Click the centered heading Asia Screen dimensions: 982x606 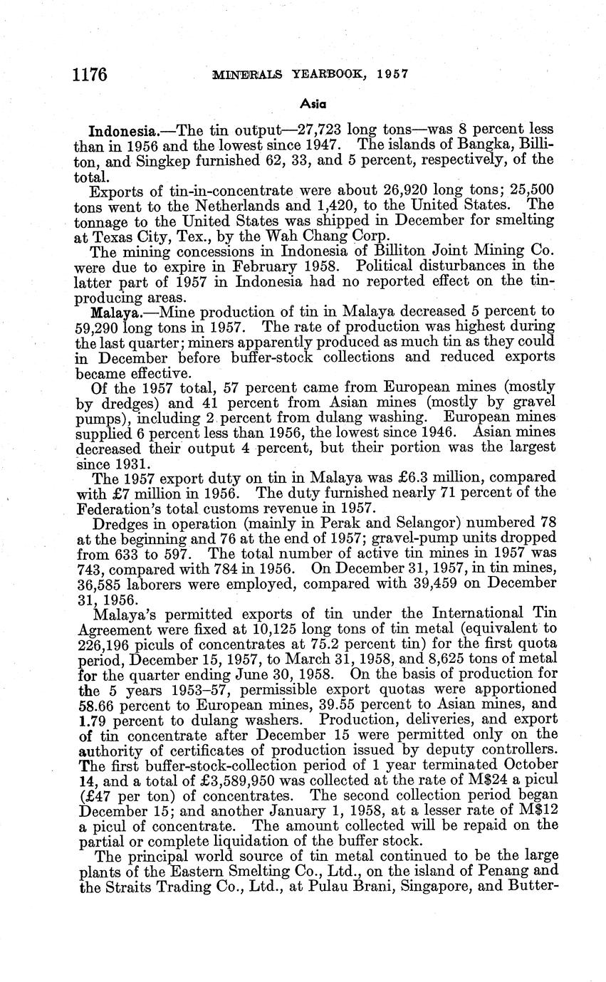click(313, 103)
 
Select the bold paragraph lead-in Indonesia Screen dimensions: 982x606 click(117, 132)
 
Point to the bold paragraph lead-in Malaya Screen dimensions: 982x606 click(112, 313)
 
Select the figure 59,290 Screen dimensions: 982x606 click(98, 328)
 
